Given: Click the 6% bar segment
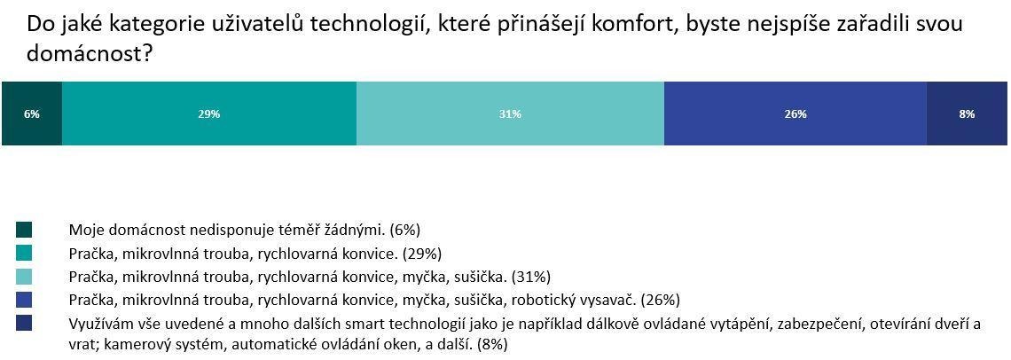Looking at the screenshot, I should pyautogui.click(x=32, y=129).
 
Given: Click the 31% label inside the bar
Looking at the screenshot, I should pyautogui.click(x=510, y=113).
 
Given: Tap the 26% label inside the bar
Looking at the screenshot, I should pyautogui.click(x=795, y=113).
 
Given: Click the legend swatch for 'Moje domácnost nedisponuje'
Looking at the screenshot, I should pyautogui.click(x=25, y=231).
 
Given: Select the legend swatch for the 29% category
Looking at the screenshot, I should pyautogui.click(x=25, y=254).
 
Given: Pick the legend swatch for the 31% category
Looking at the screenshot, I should pyautogui.click(x=25, y=276).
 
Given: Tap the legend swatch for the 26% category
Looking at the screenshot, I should pyautogui.click(x=25, y=299).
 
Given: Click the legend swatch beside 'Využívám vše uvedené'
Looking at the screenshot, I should pyautogui.click(x=25, y=323).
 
